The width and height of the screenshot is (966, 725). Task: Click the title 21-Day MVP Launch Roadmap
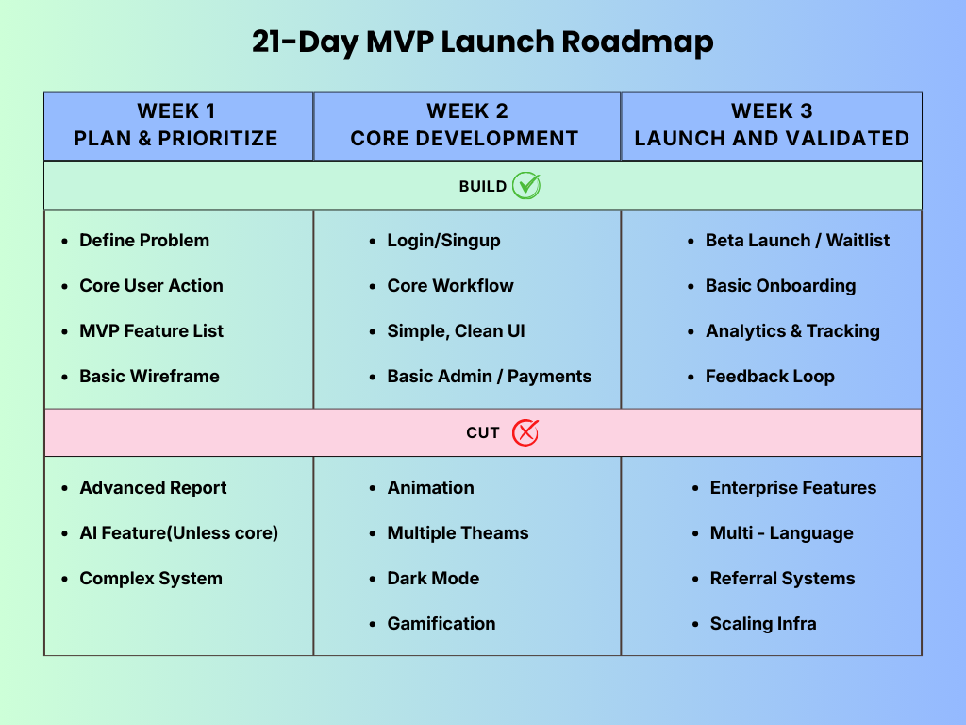[482, 42]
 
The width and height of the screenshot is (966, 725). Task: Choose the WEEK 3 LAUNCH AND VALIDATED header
[772, 126]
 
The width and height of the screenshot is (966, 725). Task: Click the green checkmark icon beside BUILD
[526, 186]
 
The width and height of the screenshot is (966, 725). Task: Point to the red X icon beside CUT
[525, 432]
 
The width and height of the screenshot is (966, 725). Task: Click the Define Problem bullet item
[144, 241]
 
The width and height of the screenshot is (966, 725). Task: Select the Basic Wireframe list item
[149, 377]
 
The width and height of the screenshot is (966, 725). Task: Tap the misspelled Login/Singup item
[443, 241]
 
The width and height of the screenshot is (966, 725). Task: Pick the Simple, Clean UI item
[456, 331]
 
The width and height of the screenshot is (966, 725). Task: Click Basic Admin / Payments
[489, 377]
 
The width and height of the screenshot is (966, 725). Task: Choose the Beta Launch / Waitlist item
[797, 241]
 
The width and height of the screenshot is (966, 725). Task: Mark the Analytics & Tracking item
[792, 331]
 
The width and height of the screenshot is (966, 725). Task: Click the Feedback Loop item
[770, 377]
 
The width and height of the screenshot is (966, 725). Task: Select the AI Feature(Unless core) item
[178, 533]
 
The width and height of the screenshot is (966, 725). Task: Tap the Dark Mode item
[433, 579]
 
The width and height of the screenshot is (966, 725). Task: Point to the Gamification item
[441, 624]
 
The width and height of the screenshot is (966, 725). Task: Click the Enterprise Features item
[792, 488]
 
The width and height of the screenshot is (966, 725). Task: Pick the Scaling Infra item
[763, 624]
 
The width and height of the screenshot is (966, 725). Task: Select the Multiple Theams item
[458, 533]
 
